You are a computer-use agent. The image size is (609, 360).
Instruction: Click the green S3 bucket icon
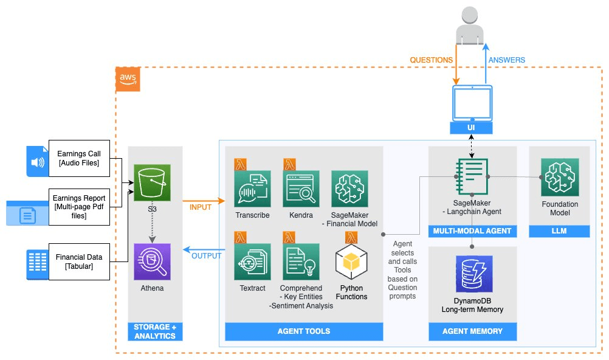pyautogui.click(x=153, y=182)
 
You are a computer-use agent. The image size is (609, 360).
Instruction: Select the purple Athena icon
pyautogui.click(x=153, y=261)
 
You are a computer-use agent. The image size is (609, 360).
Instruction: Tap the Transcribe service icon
pyautogui.click(x=252, y=189)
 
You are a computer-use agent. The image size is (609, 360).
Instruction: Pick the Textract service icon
pyautogui.click(x=252, y=261)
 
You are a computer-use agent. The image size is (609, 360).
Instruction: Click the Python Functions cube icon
pyautogui.click(x=352, y=262)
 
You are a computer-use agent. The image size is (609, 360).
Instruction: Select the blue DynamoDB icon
pyautogui.click(x=473, y=274)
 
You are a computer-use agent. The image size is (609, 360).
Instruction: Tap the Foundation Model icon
pyautogui.click(x=560, y=177)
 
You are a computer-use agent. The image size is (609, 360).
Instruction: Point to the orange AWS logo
pyautogui.click(x=128, y=80)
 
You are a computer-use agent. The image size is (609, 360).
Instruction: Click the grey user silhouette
pyautogui.click(x=472, y=24)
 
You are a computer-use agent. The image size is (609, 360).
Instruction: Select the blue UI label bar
pyautogui.click(x=472, y=129)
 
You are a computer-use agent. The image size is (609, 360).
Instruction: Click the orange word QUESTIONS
pyautogui.click(x=431, y=60)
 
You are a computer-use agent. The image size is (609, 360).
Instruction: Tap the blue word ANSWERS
pyautogui.click(x=506, y=60)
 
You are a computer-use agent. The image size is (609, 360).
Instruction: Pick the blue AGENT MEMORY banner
pyautogui.click(x=473, y=331)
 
